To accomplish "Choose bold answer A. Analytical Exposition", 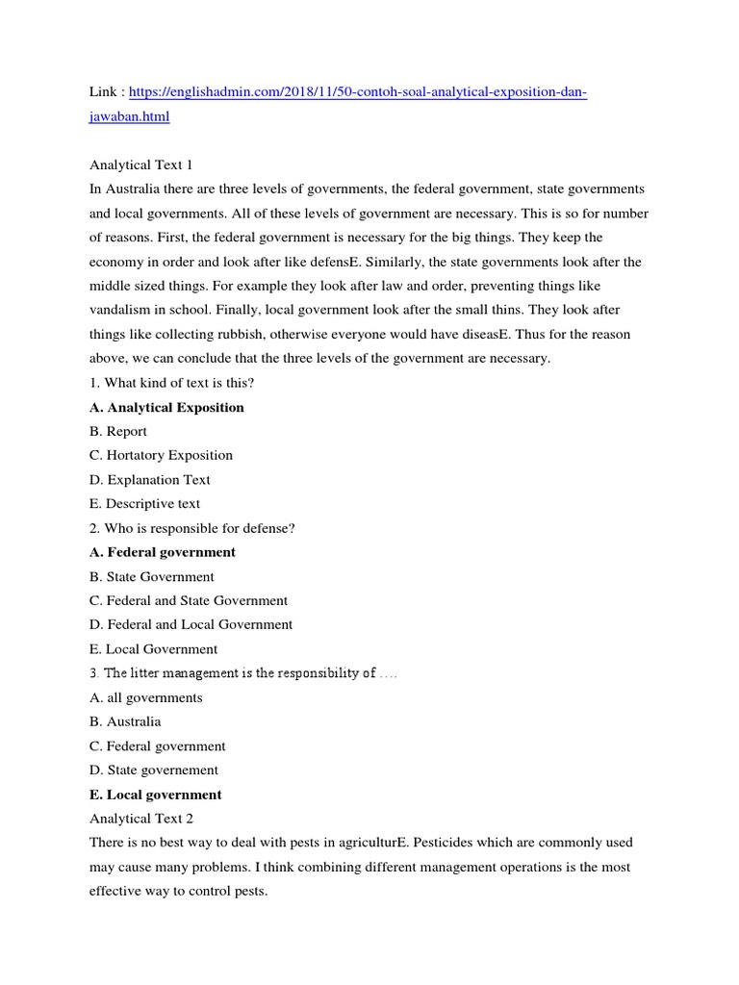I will [x=166, y=407].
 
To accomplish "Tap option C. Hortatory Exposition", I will [x=161, y=455].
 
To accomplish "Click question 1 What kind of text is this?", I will [x=171, y=383].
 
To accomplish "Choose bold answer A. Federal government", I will [x=162, y=552].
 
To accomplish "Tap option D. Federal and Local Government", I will [x=191, y=624].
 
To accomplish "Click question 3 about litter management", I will [x=241, y=673].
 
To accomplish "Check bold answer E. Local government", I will [x=155, y=795].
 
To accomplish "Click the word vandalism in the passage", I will [x=122, y=310].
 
